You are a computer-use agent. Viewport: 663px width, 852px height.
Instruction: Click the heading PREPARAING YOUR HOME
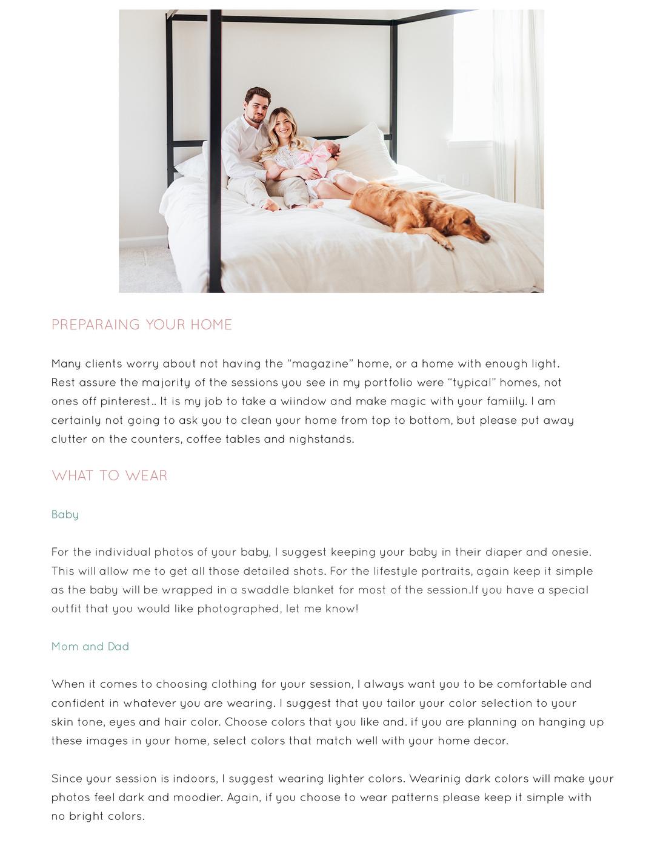tap(141, 325)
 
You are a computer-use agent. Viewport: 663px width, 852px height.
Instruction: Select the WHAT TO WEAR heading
tap(109, 476)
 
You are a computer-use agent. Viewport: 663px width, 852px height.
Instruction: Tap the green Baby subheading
tap(65, 515)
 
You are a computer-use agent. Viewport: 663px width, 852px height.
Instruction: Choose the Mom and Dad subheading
tap(90, 647)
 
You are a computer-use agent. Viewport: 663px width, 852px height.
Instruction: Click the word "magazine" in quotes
tap(320, 364)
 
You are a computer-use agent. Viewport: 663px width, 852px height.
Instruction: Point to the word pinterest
tap(125, 401)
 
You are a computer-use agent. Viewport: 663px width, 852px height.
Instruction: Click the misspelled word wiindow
tap(303, 401)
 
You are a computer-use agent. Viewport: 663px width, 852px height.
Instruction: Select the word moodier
tap(197, 798)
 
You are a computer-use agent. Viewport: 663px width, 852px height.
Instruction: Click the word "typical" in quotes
tap(473, 383)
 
